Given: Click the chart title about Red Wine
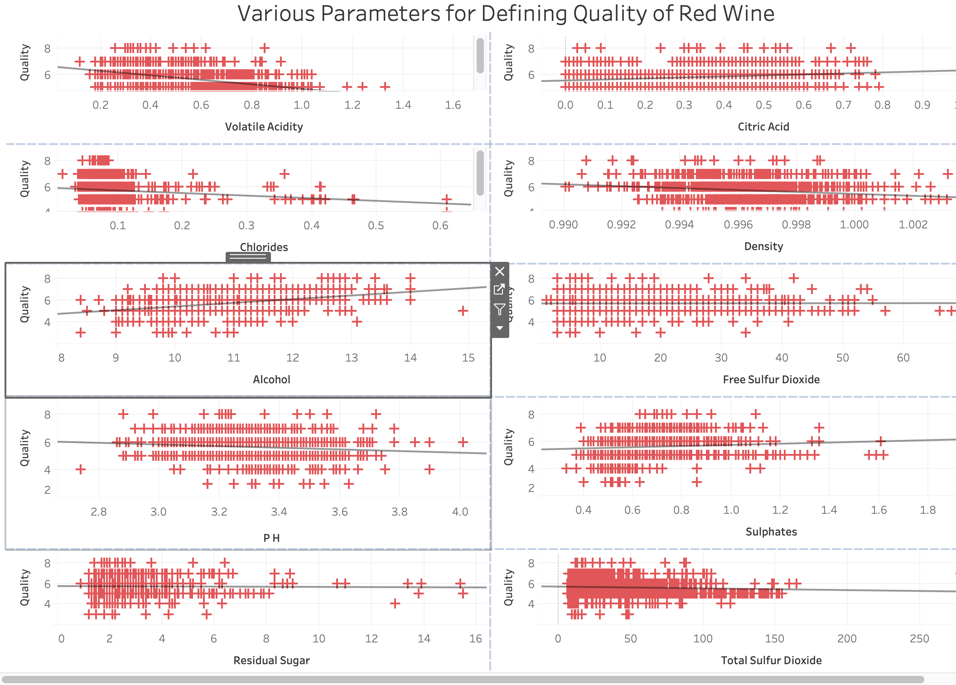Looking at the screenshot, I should tap(506, 14).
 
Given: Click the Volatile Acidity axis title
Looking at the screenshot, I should tap(264, 127).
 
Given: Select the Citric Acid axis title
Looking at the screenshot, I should tap(763, 127).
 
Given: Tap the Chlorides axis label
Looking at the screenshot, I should tap(264, 247).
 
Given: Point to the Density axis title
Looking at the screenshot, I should tap(763, 246).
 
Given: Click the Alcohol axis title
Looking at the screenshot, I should tap(271, 380).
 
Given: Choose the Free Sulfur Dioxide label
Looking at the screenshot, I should tap(771, 380).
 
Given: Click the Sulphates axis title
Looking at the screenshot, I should tap(771, 532).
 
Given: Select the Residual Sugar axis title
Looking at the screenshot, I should tap(271, 661).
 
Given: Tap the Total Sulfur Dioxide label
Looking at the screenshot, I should tap(771, 661).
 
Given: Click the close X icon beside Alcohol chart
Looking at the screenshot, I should tap(499, 271).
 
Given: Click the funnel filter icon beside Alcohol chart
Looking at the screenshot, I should tap(499, 309).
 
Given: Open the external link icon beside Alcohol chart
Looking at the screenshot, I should tap(499, 289).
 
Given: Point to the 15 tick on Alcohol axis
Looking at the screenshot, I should tap(468, 358).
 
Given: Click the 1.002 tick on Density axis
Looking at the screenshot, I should tap(913, 225).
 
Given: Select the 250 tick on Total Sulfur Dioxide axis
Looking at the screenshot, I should tap(919, 639).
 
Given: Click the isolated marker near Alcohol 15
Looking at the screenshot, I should tap(463, 311).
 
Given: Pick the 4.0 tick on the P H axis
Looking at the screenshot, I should tap(460, 512).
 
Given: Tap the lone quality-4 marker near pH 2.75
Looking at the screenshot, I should tap(81, 469).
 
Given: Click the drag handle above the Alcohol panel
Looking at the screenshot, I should tap(248, 257).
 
